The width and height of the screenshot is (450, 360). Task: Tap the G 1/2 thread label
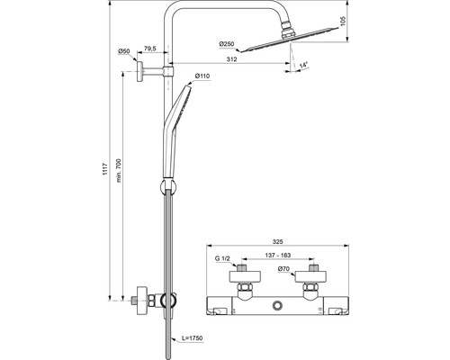[x=222, y=260]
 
